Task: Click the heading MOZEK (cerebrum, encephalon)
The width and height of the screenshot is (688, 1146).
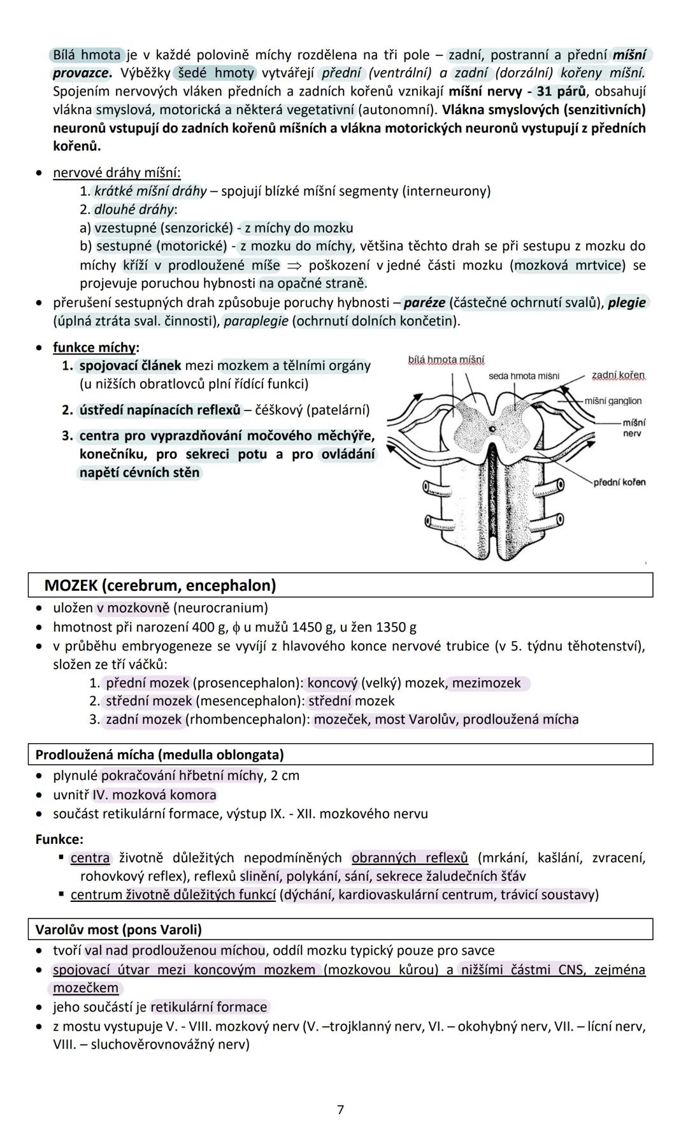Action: pyautogui.click(x=160, y=585)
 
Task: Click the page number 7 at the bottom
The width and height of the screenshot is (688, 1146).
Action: pyautogui.click(x=340, y=1110)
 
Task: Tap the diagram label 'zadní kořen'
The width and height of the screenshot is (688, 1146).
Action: pyautogui.click(x=618, y=375)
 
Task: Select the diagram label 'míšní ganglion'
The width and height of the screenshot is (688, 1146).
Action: pyautogui.click(x=613, y=401)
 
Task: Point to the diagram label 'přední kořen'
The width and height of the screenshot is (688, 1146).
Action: pyautogui.click(x=619, y=482)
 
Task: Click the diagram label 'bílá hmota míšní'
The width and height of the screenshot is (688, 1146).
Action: pyautogui.click(x=446, y=360)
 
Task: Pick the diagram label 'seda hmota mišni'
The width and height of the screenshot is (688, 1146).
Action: pyautogui.click(x=524, y=376)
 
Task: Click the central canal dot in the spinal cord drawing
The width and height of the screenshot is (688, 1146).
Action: pyautogui.click(x=492, y=430)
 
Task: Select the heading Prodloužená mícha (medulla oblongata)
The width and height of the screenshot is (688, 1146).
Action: pyautogui.click(x=159, y=755)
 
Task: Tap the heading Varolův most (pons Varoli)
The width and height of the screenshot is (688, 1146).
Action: pyautogui.click(x=118, y=929)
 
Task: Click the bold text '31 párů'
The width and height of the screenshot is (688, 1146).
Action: pyautogui.click(x=561, y=91)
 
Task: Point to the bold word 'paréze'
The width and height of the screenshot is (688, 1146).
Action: pyautogui.click(x=424, y=302)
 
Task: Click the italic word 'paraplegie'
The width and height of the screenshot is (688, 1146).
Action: pyautogui.click(x=255, y=321)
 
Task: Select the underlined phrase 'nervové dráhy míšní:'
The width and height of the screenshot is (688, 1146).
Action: pyautogui.click(x=117, y=173)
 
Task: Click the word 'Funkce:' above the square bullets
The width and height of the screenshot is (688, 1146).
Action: pyautogui.click(x=59, y=839)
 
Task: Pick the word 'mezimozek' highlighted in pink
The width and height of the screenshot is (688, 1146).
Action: pyautogui.click(x=487, y=683)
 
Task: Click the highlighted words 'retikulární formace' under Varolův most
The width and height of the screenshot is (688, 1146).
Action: pyautogui.click(x=209, y=1007)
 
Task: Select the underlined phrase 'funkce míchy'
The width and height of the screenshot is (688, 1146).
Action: pyautogui.click(x=94, y=347)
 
